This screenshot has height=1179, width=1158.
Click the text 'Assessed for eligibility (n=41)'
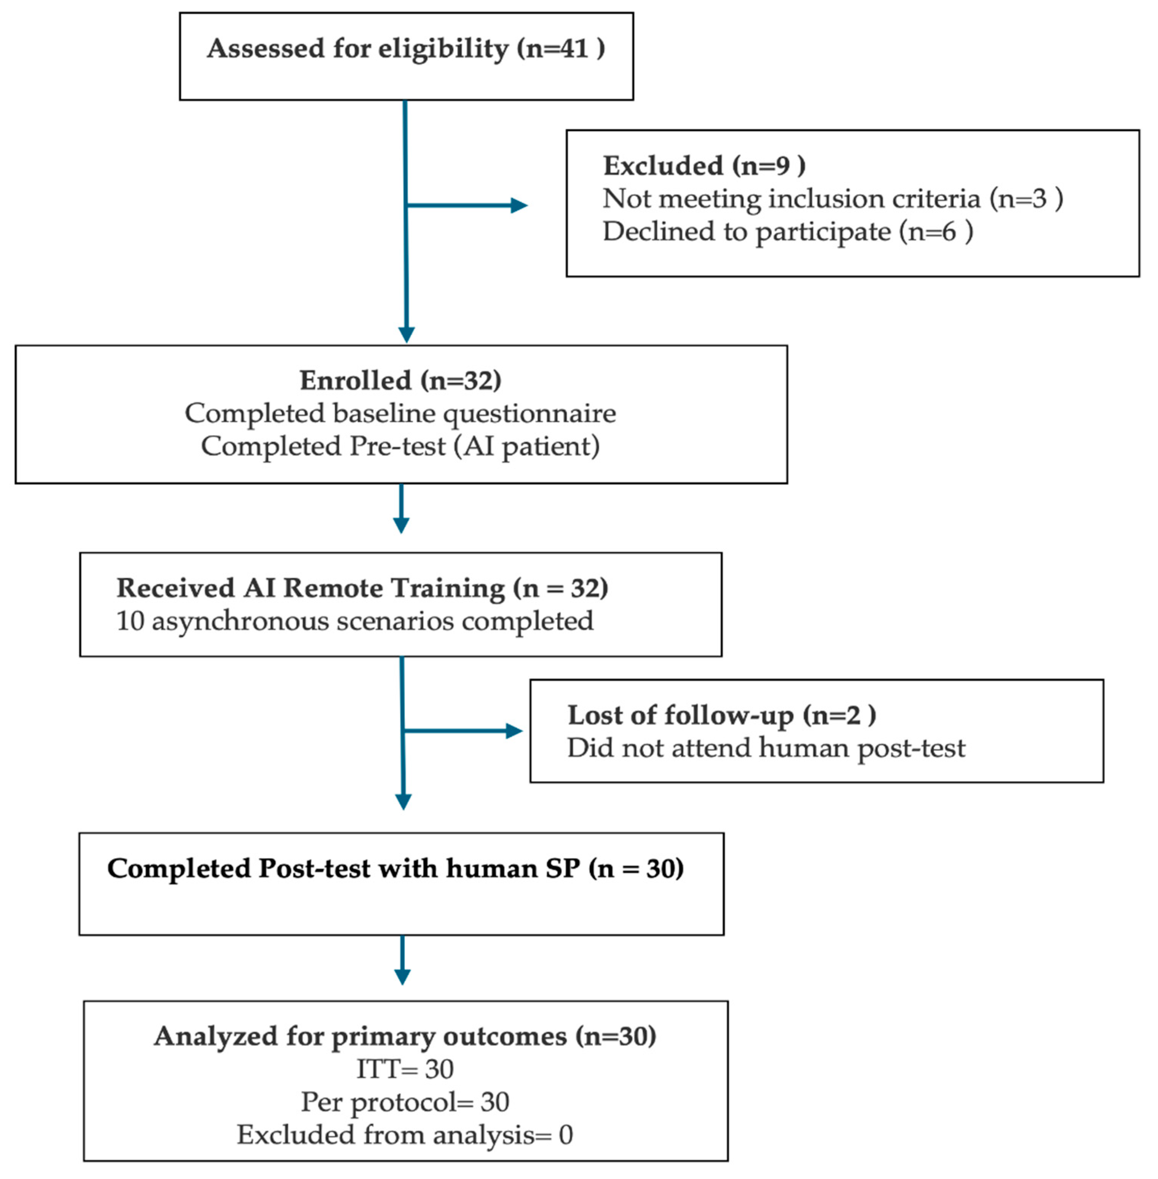pos(406,49)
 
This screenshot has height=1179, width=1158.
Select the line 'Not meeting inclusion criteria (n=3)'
pos(832,199)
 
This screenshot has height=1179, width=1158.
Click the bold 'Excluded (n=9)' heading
pos(704,165)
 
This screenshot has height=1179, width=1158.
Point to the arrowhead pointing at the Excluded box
pos(519,205)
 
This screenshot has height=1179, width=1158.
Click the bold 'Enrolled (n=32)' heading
pos(400,380)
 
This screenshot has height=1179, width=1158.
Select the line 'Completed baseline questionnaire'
pos(400,413)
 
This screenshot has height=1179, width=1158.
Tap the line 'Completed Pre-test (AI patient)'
pos(400,446)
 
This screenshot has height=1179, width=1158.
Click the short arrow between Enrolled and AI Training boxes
pos(401,509)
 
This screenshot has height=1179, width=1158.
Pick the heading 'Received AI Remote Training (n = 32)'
pos(362,588)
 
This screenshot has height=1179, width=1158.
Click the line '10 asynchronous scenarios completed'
pos(354,621)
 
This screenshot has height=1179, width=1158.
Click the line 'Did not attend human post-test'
pos(766,748)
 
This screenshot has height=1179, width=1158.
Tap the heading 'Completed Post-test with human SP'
pos(395,868)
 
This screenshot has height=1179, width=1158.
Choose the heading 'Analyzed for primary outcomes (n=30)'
pos(405,1036)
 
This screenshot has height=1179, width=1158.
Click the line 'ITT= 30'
pos(405,1069)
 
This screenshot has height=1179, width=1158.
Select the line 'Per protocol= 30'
pos(405,1102)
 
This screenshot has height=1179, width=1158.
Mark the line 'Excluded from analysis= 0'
pos(405,1134)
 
